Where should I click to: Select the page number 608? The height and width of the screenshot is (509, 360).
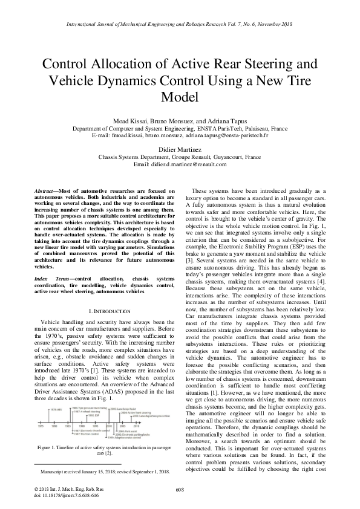180,488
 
